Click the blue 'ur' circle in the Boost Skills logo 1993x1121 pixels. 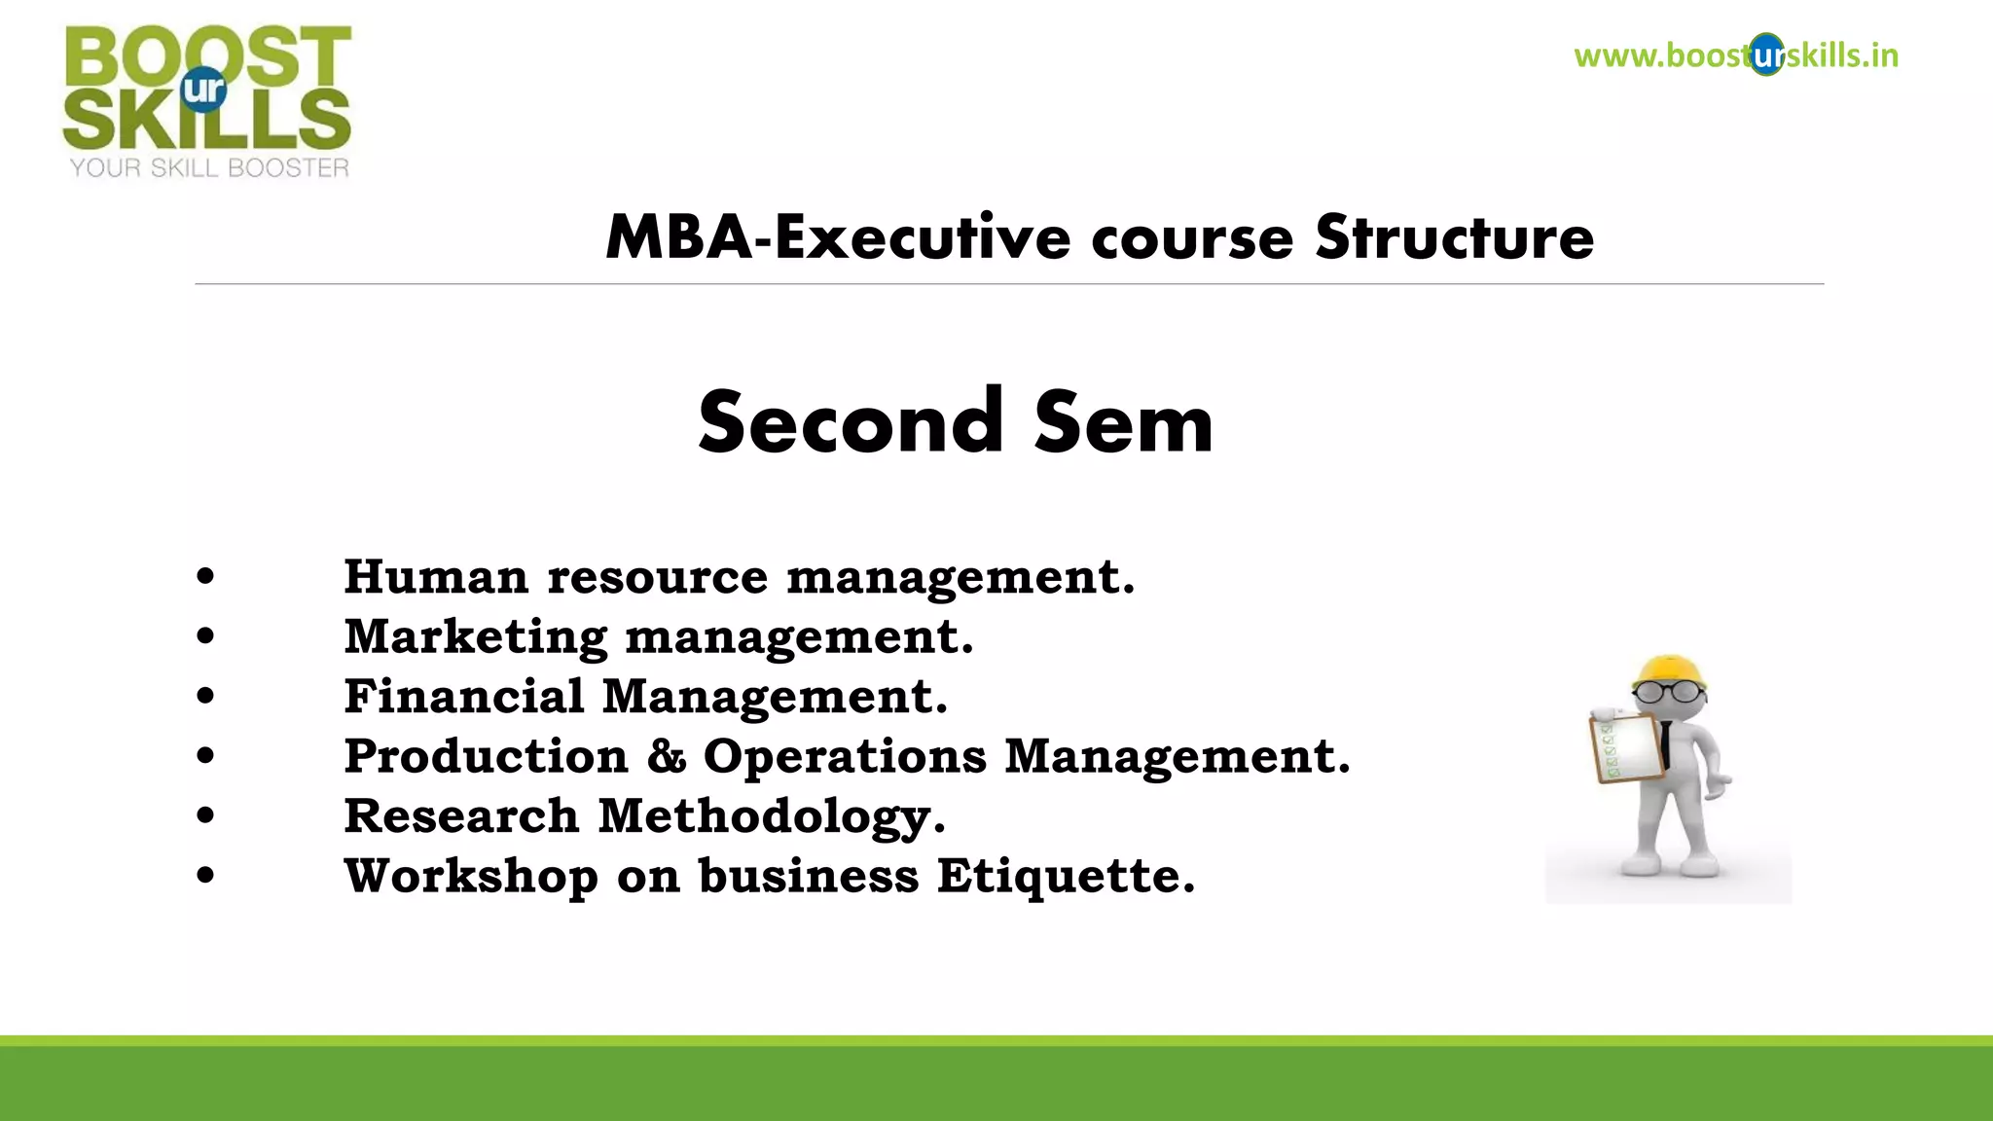coord(203,90)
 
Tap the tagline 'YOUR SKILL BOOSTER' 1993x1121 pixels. coord(209,168)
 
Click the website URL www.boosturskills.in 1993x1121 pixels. coord(1735,55)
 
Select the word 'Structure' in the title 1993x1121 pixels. coord(1454,237)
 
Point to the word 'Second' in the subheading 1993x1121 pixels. coord(850,423)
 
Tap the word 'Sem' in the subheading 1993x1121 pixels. coord(1123,423)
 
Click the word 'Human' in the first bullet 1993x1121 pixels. coord(436,577)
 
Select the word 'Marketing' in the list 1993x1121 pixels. coord(476,637)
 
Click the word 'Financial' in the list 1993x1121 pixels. coord(464,697)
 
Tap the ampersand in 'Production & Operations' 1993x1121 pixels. coord(667,757)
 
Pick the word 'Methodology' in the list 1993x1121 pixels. coord(770,817)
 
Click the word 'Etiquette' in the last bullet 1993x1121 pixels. coord(1065,876)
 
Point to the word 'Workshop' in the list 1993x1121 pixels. coord(471,876)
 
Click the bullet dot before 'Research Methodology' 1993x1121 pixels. coord(205,814)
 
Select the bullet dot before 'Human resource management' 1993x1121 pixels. coord(205,576)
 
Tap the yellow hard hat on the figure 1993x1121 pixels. coord(1670,670)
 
